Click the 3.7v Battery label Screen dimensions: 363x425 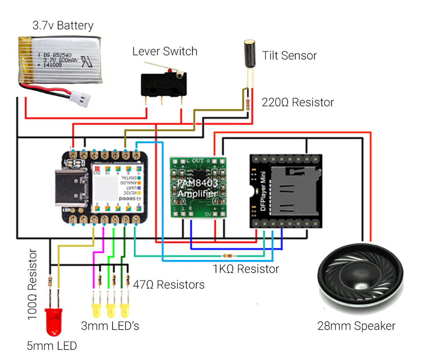pyautogui.click(x=63, y=25)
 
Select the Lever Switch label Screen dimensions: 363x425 pyautogui.click(x=165, y=51)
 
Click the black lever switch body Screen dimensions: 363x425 pyautogui.click(x=164, y=85)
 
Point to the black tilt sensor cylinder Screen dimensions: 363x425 pyautogui.click(x=249, y=55)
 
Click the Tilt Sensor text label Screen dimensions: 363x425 pyautogui.click(x=289, y=56)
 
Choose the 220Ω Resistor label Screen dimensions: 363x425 pyautogui.click(x=297, y=102)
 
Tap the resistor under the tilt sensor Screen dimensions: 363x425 pyautogui.click(x=248, y=104)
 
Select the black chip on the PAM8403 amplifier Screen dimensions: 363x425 pyautogui.click(x=198, y=177)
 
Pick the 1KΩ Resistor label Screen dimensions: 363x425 pyautogui.click(x=246, y=269)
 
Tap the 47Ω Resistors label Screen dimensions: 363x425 pyautogui.click(x=169, y=284)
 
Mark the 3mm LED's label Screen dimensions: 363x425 pyautogui.click(x=110, y=325)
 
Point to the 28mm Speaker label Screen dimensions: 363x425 pyautogui.click(x=356, y=326)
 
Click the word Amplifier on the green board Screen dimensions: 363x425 pyautogui.click(x=197, y=194)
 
